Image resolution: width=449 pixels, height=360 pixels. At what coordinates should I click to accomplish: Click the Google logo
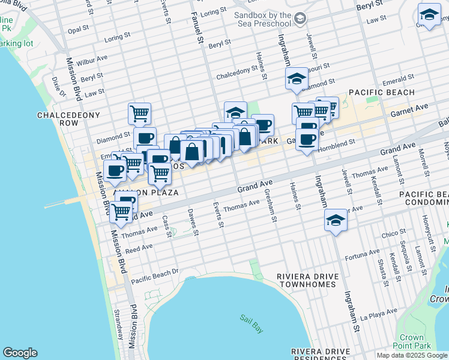coord(20,353)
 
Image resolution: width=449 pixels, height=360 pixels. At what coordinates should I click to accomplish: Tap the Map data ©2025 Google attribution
coord(411,355)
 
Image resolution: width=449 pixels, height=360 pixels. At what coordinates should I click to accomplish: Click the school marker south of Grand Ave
coord(336,220)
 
